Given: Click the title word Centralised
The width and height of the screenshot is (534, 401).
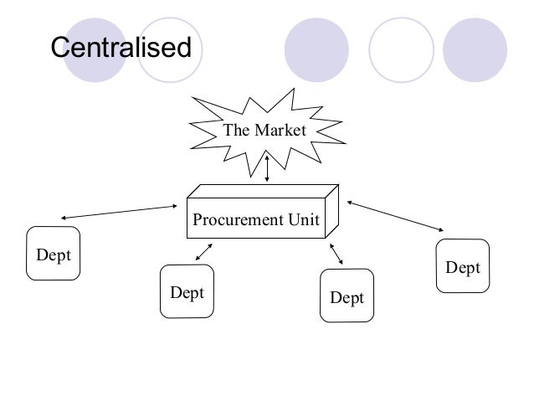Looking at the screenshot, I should click(122, 48).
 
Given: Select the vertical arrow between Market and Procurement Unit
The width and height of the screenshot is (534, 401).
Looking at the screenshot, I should click(266, 167).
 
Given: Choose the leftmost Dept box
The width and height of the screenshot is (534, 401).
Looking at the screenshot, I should click(53, 253).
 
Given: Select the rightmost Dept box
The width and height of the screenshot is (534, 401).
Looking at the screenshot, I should click(462, 266).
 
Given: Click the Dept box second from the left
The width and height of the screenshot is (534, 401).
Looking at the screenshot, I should click(187, 292).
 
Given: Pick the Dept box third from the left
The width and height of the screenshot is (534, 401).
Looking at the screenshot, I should click(347, 296).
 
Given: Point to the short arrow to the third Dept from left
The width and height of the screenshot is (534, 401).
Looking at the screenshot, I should click(336, 255).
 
